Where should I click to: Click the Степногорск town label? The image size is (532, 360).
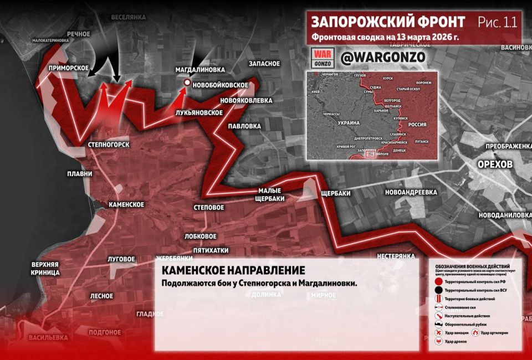pyautogui.click(x=109, y=145)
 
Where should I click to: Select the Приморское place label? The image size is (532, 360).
pyautogui.click(x=69, y=68)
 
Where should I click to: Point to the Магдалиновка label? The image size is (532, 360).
pyautogui.click(x=200, y=70)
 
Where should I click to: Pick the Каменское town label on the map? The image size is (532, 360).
pyautogui.click(x=126, y=204)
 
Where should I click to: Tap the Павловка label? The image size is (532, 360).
pyautogui.click(x=244, y=126)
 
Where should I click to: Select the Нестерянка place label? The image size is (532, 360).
pyautogui.click(x=396, y=256)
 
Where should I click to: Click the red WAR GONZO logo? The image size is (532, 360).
pyautogui.click(x=323, y=57)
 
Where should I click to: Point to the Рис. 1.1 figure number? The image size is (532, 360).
pyautogui.click(x=497, y=22)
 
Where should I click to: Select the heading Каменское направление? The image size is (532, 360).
pyautogui.click(x=233, y=271)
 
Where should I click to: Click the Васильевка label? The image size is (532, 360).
pyautogui.click(x=49, y=337)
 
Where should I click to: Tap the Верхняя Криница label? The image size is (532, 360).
pyautogui.click(x=45, y=268)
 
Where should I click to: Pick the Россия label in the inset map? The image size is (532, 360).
pyautogui.click(x=417, y=125)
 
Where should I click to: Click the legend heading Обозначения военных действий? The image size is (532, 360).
pyautogui.click(x=473, y=266)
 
